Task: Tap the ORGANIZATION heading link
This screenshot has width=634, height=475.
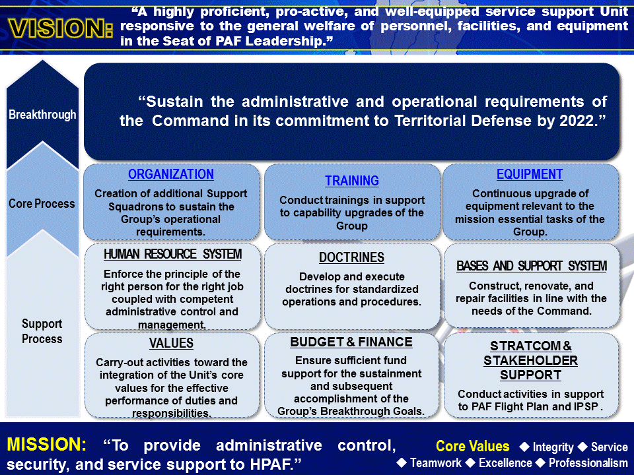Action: pyautogui.click(x=171, y=175)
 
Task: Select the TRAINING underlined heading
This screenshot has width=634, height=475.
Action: pyautogui.click(x=352, y=181)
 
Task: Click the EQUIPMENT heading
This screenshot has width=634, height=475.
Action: pyautogui.click(x=530, y=175)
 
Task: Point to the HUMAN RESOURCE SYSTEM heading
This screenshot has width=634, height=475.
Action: pyautogui.click(x=172, y=255)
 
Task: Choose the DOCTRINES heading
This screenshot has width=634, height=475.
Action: pyautogui.click(x=351, y=258)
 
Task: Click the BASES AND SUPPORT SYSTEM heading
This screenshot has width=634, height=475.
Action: pyautogui.click(x=532, y=267)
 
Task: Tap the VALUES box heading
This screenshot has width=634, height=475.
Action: pyautogui.click(x=171, y=343)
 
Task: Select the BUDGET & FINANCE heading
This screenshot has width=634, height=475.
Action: pyautogui.click(x=351, y=342)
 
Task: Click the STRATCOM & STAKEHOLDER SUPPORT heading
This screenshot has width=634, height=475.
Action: pyautogui.click(x=530, y=361)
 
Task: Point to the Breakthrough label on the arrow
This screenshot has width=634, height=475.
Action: pyautogui.click(x=42, y=115)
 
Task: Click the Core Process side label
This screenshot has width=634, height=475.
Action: pyautogui.click(x=42, y=204)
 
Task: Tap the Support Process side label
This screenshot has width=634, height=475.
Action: pyautogui.click(x=42, y=331)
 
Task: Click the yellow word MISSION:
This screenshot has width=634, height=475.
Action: pyautogui.click(x=47, y=445)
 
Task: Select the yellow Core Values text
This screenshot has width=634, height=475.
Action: pyautogui.click(x=473, y=447)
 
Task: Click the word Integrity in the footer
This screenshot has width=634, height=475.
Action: pyautogui.click(x=553, y=447)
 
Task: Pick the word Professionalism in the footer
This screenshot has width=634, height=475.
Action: pyautogui.click(x=588, y=462)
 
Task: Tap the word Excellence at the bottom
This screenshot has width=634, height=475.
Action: pyautogui.click(x=505, y=462)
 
